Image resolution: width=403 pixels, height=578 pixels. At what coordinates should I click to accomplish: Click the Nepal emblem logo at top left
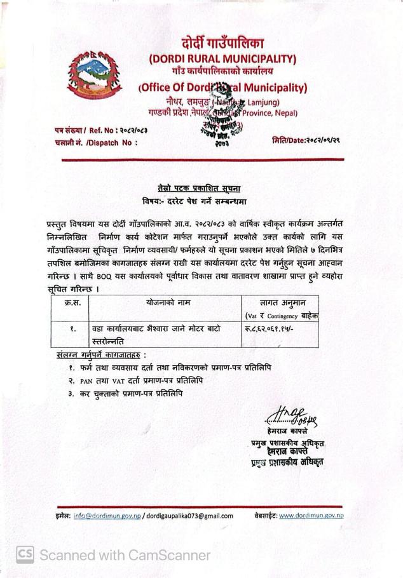click(96, 71)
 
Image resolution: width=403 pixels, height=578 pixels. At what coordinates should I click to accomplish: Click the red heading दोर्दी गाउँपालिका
click(222, 44)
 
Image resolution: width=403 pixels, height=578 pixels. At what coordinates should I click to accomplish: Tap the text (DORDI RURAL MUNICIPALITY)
click(222, 59)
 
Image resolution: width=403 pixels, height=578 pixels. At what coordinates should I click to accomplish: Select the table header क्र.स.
click(72, 304)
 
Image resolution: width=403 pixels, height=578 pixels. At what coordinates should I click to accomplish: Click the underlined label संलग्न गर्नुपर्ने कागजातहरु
click(101, 354)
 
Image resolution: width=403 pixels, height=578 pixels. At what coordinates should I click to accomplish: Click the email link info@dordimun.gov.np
click(107, 516)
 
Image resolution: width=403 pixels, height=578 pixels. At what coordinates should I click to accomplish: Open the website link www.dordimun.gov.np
click(311, 515)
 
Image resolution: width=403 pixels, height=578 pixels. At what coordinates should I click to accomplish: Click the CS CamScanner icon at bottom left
click(25, 554)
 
